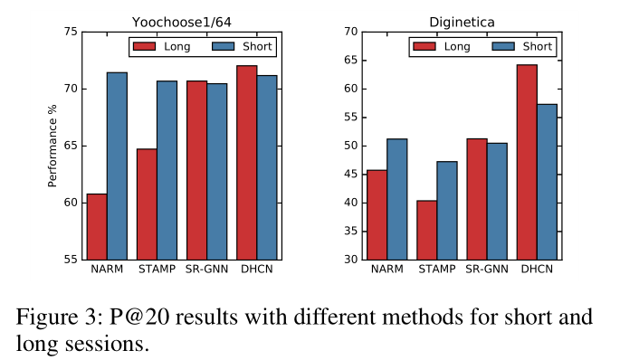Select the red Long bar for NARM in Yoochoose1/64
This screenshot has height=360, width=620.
[x=97, y=226]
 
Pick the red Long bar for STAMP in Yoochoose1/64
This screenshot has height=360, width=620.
[x=147, y=204]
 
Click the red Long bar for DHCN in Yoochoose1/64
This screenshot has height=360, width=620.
[x=246, y=162]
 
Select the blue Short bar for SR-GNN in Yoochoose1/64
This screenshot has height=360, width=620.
[x=216, y=171]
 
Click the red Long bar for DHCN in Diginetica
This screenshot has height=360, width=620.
[x=526, y=162]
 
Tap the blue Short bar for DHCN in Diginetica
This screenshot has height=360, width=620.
[x=546, y=181]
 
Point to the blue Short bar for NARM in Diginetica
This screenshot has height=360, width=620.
[x=396, y=199]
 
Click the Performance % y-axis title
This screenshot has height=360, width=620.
[x=52, y=146]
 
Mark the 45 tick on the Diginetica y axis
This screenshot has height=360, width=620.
[x=348, y=174]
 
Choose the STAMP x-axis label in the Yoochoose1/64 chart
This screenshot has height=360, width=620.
[x=157, y=270]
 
